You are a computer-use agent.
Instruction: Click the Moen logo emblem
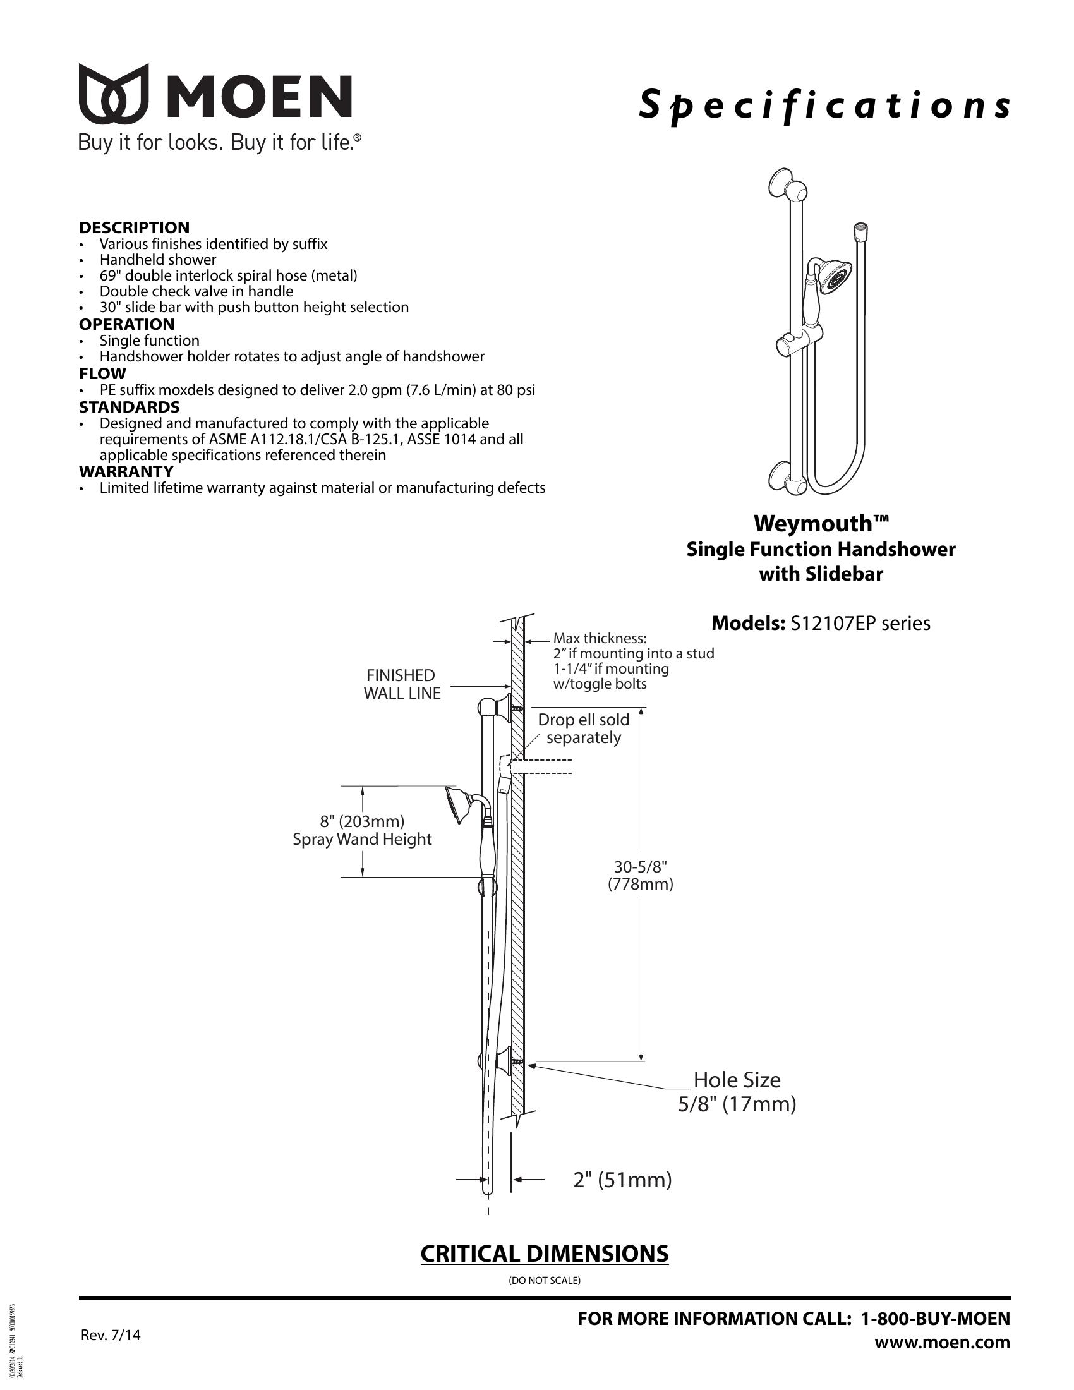tap(114, 94)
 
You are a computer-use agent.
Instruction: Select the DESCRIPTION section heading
tap(134, 227)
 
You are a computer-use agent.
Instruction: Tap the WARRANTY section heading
tap(126, 471)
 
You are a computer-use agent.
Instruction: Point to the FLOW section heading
tap(102, 373)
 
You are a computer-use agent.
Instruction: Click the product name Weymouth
tap(821, 524)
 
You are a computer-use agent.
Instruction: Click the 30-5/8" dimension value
tap(640, 867)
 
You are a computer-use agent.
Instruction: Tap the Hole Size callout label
tap(737, 1080)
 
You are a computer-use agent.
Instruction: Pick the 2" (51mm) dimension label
tap(622, 1180)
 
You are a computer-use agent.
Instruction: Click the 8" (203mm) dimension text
tap(362, 821)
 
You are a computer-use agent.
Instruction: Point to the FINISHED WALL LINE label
tap(401, 684)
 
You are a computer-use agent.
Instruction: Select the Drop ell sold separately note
tap(584, 728)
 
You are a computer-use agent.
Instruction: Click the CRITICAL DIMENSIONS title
tap(544, 1254)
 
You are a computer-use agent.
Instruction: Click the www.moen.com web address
tap(942, 1343)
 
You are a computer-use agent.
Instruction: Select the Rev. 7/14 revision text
tap(111, 1335)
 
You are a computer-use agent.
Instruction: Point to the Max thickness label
tap(600, 638)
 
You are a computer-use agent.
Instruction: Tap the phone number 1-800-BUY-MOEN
tap(934, 1319)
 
